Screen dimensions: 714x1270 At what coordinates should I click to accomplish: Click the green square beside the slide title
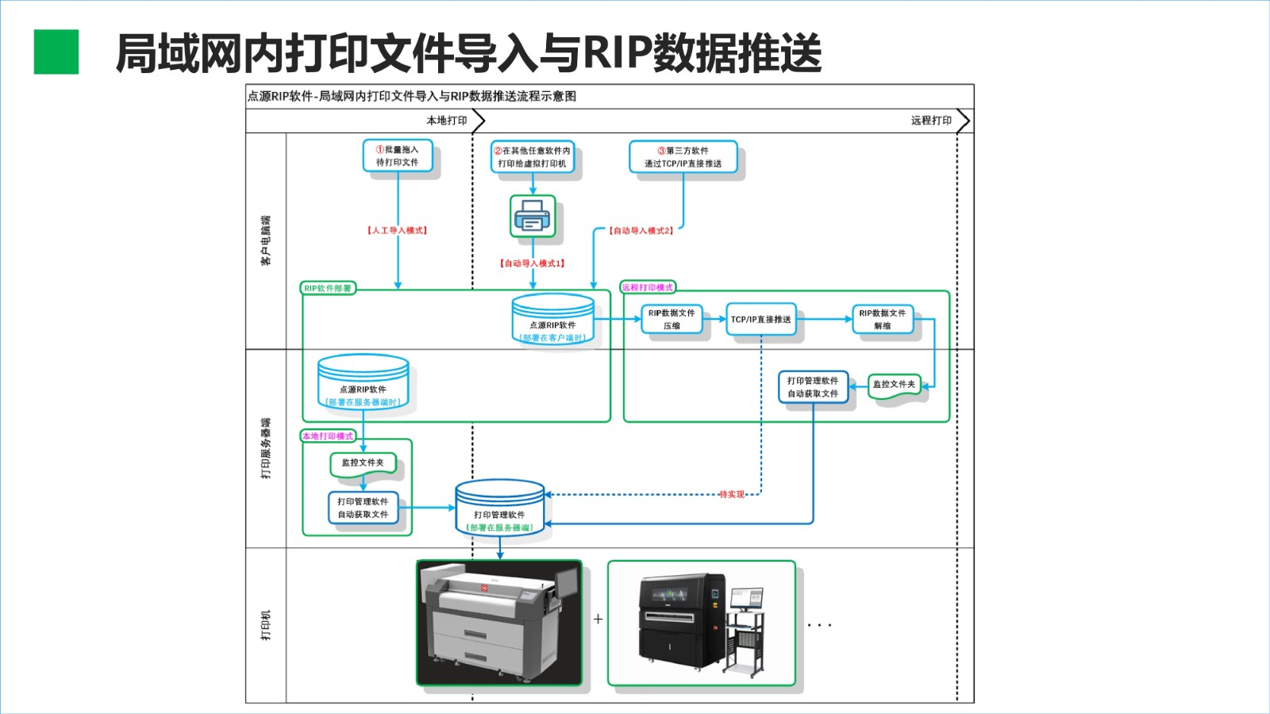coord(56,52)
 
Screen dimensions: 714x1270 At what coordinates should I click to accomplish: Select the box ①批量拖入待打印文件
coord(398,155)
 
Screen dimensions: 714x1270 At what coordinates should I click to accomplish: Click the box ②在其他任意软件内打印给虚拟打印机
coord(532,157)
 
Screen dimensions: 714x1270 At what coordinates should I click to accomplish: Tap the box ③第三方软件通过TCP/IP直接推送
coord(683,157)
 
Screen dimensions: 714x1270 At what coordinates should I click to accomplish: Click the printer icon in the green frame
coord(533,216)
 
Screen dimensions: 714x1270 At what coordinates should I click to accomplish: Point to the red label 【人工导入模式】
coord(397,230)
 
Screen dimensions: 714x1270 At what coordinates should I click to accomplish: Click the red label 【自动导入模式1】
coord(533,263)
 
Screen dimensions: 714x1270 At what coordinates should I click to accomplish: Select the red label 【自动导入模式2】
coord(641,231)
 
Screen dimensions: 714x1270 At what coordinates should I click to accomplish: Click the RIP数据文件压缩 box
coord(672,319)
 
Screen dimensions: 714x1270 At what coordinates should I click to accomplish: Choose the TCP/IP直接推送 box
coord(760,319)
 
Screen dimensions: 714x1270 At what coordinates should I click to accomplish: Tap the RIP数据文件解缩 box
coord(882,319)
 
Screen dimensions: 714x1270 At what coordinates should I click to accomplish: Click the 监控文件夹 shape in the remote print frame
coord(894,386)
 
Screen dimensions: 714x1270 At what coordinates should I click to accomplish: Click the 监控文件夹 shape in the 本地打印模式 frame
coord(363,464)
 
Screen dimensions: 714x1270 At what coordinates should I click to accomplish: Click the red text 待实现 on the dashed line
coord(732,494)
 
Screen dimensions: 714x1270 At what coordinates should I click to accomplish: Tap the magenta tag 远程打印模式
coord(648,287)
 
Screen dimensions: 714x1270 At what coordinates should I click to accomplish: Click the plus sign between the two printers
coord(598,619)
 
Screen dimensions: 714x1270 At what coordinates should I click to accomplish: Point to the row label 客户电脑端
coord(266,240)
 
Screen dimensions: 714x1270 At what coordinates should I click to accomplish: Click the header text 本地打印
coord(447,121)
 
